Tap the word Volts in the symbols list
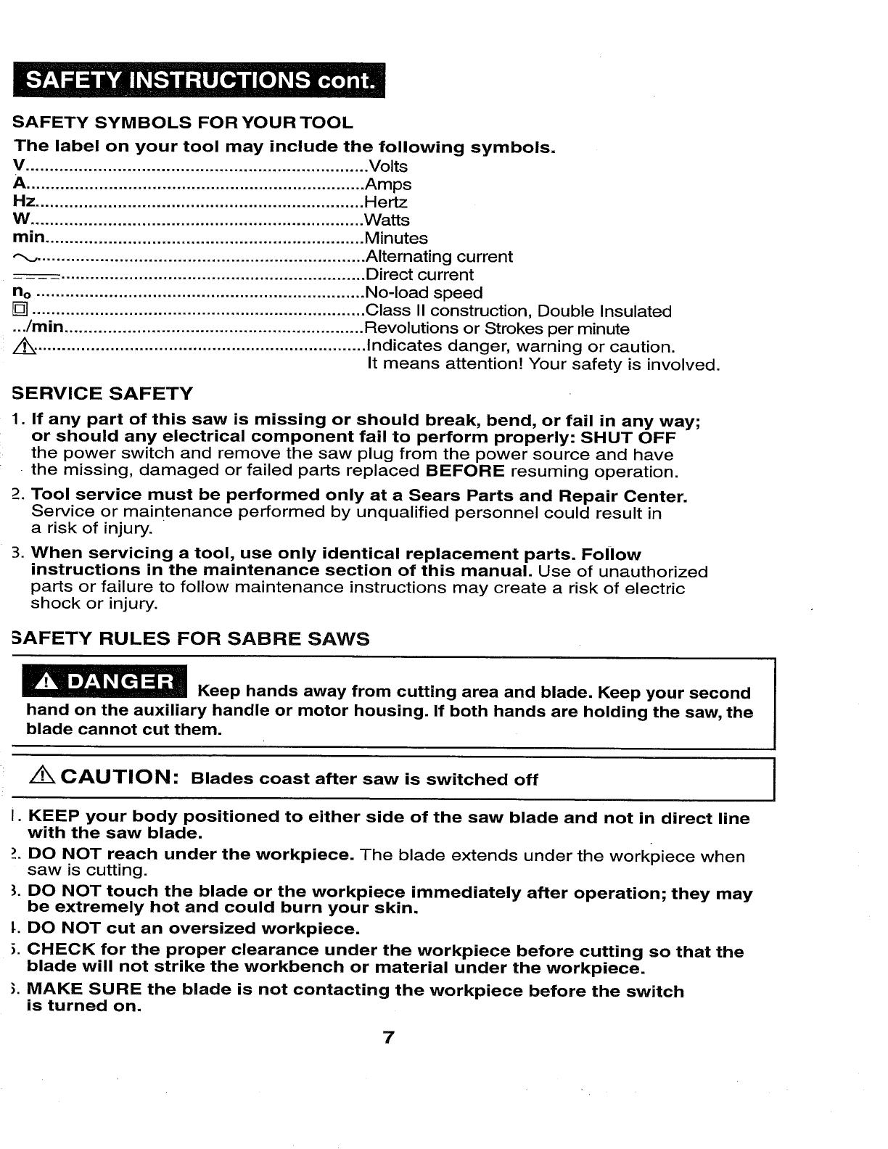click(x=388, y=167)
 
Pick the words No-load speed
click(x=424, y=293)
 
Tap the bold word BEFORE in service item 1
click(x=465, y=471)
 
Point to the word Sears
click(x=456, y=497)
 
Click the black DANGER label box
click(x=107, y=683)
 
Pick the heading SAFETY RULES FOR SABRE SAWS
click(x=192, y=639)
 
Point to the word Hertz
click(x=386, y=202)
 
